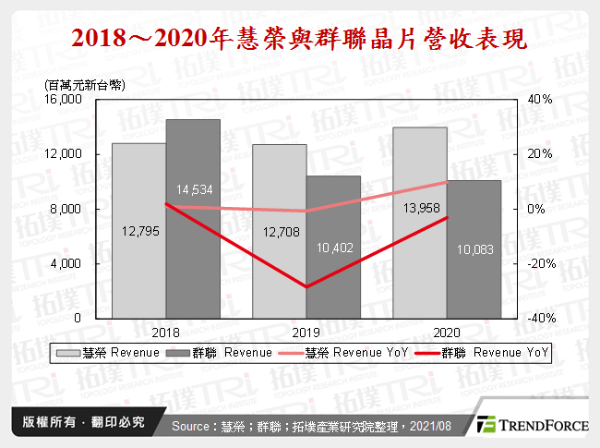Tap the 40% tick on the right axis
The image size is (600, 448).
pyautogui.click(x=539, y=99)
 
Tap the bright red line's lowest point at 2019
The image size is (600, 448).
pyautogui.click(x=306, y=286)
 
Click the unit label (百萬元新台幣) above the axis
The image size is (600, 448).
pyautogui.click(x=82, y=85)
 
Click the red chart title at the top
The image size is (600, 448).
pyautogui.click(x=300, y=40)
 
